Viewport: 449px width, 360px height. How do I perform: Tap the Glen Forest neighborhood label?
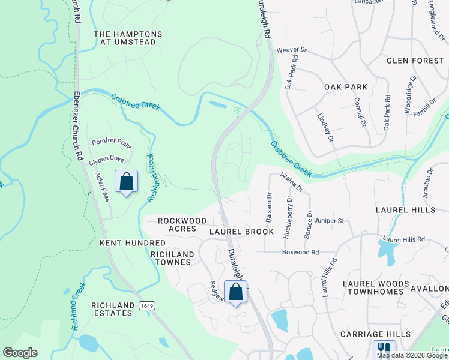pos(415,61)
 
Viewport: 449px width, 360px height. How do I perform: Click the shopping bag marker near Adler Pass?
pos(127,181)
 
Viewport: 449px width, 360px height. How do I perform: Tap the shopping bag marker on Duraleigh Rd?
pos(236,292)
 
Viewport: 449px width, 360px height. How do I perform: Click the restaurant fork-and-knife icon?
pos(384,349)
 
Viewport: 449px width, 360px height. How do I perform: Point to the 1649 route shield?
pos(145,306)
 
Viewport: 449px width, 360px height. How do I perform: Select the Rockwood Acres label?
pos(182,224)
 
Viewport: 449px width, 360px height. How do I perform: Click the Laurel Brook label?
pos(241,232)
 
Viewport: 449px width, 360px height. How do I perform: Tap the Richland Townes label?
pos(173,258)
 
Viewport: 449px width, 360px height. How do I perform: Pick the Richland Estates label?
pos(112,309)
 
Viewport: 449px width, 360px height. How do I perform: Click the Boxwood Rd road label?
pos(300,253)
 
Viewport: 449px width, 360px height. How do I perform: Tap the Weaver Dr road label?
pos(291,50)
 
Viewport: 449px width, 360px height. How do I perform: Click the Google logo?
pos(20,353)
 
